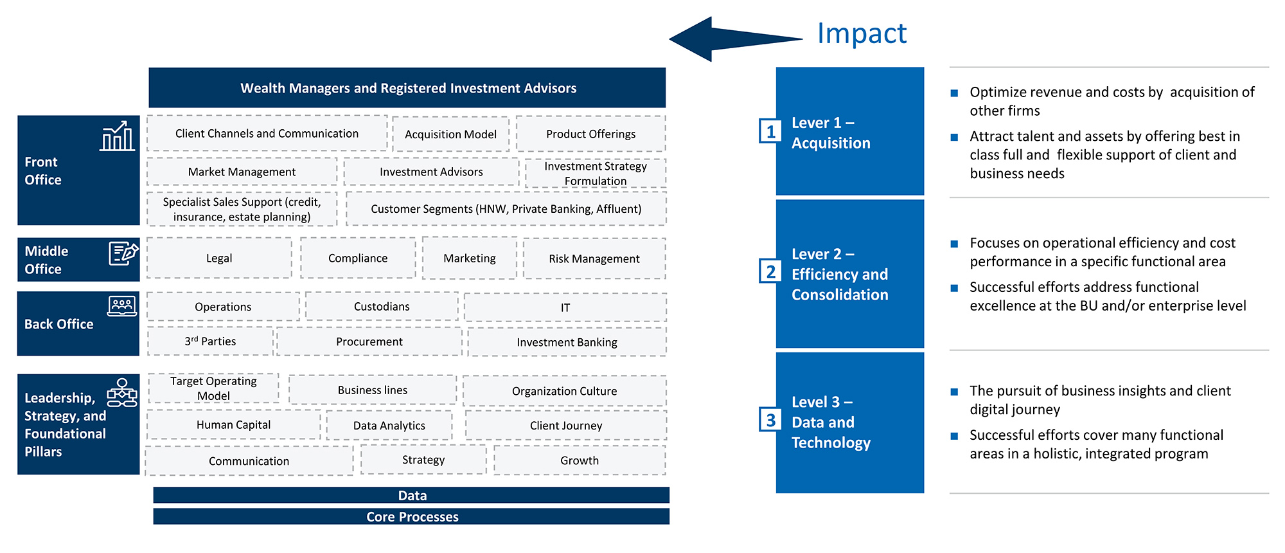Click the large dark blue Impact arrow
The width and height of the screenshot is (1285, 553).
click(x=720, y=39)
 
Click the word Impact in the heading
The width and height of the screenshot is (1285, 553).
click(x=862, y=33)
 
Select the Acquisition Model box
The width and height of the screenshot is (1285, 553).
click(x=450, y=134)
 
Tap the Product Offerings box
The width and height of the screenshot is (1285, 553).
click(x=590, y=134)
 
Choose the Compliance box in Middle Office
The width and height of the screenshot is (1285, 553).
click(x=358, y=258)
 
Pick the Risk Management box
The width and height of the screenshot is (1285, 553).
click(x=594, y=258)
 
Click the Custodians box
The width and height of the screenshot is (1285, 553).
click(x=382, y=307)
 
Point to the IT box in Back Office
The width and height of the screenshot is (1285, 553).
click(x=565, y=307)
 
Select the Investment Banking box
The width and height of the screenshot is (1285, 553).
click(x=567, y=342)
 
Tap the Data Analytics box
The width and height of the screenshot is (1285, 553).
click(x=389, y=426)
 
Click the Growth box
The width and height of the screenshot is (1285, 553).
click(x=579, y=460)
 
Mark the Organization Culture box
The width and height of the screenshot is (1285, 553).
click(x=564, y=391)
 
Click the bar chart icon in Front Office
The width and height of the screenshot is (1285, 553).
click(x=117, y=136)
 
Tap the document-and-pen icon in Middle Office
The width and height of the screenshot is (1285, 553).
click(x=123, y=253)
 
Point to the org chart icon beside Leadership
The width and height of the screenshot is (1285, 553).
click(x=122, y=392)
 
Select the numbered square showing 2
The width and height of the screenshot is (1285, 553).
click(x=770, y=271)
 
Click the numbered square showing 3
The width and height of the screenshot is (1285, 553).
click(x=770, y=420)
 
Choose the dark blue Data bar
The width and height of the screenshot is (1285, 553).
click(x=411, y=495)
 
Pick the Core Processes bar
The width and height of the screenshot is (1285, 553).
click(x=411, y=516)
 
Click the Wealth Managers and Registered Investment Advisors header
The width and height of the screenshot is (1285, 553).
click(x=407, y=88)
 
